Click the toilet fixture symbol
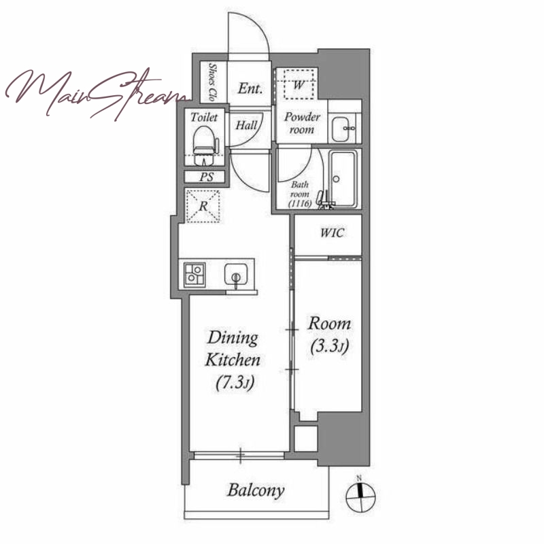click(206, 146)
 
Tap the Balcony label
click(256, 490)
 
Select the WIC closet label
click(333, 233)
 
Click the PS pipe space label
click(207, 177)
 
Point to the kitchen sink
click(236, 275)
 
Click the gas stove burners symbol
click(194, 275)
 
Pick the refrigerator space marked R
click(203, 206)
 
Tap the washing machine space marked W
click(299, 84)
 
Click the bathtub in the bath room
click(343, 179)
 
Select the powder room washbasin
click(341, 129)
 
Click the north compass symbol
click(360, 496)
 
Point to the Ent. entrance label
click(250, 88)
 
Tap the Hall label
click(246, 125)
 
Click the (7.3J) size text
click(235, 383)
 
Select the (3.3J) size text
click(330, 346)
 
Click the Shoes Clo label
click(212, 82)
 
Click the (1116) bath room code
click(300, 203)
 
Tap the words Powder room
click(302, 123)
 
